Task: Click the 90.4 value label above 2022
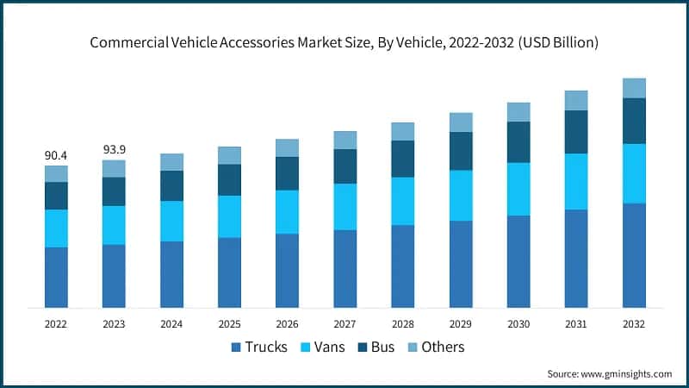click(56, 155)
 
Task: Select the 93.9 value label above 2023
click(114, 149)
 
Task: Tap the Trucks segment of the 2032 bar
click(634, 255)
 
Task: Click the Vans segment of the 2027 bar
click(344, 207)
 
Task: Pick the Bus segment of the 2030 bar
click(518, 142)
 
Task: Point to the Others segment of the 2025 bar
click(229, 155)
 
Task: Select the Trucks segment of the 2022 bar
click(56, 278)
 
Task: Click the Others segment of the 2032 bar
click(634, 88)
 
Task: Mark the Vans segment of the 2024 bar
click(171, 222)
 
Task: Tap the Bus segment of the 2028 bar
click(403, 159)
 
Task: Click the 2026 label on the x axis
click(287, 324)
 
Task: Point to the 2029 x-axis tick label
click(461, 324)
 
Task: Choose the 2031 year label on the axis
click(576, 324)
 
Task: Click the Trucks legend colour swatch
click(235, 347)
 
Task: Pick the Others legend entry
click(443, 347)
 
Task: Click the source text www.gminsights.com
click(628, 374)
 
